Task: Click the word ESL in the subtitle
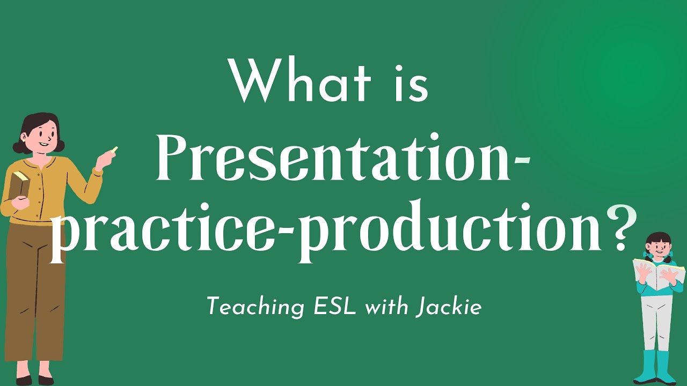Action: click(335, 307)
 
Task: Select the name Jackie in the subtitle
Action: click(448, 308)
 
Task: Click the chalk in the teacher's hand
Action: click(114, 150)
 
